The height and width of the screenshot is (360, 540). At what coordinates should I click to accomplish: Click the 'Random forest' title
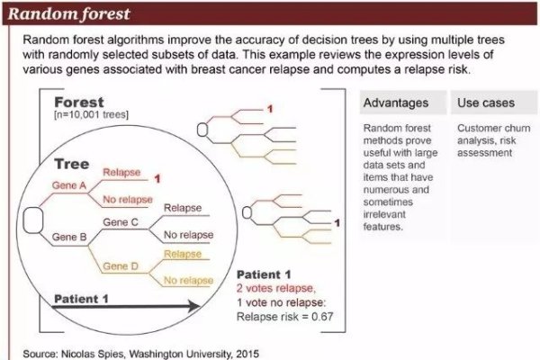point(71,14)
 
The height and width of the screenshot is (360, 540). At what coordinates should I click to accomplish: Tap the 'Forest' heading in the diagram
point(78,103)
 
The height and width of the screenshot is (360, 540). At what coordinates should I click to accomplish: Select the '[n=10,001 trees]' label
point(90,116)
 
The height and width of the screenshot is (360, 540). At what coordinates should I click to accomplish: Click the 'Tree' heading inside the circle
point(71,165)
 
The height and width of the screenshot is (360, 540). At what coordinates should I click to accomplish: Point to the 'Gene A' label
point(68,184)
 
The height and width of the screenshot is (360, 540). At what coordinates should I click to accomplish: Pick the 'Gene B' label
point(68,237)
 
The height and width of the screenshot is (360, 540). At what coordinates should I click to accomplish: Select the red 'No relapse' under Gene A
point(129,199)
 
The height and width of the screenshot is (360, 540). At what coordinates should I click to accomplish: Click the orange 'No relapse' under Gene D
point(188,281)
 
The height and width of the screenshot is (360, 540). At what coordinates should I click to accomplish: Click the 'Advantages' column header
point(396,103)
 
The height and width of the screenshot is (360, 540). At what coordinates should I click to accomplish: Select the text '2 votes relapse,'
point(275,289)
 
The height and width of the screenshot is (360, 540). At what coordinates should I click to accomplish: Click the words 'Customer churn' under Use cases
point(493,129)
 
